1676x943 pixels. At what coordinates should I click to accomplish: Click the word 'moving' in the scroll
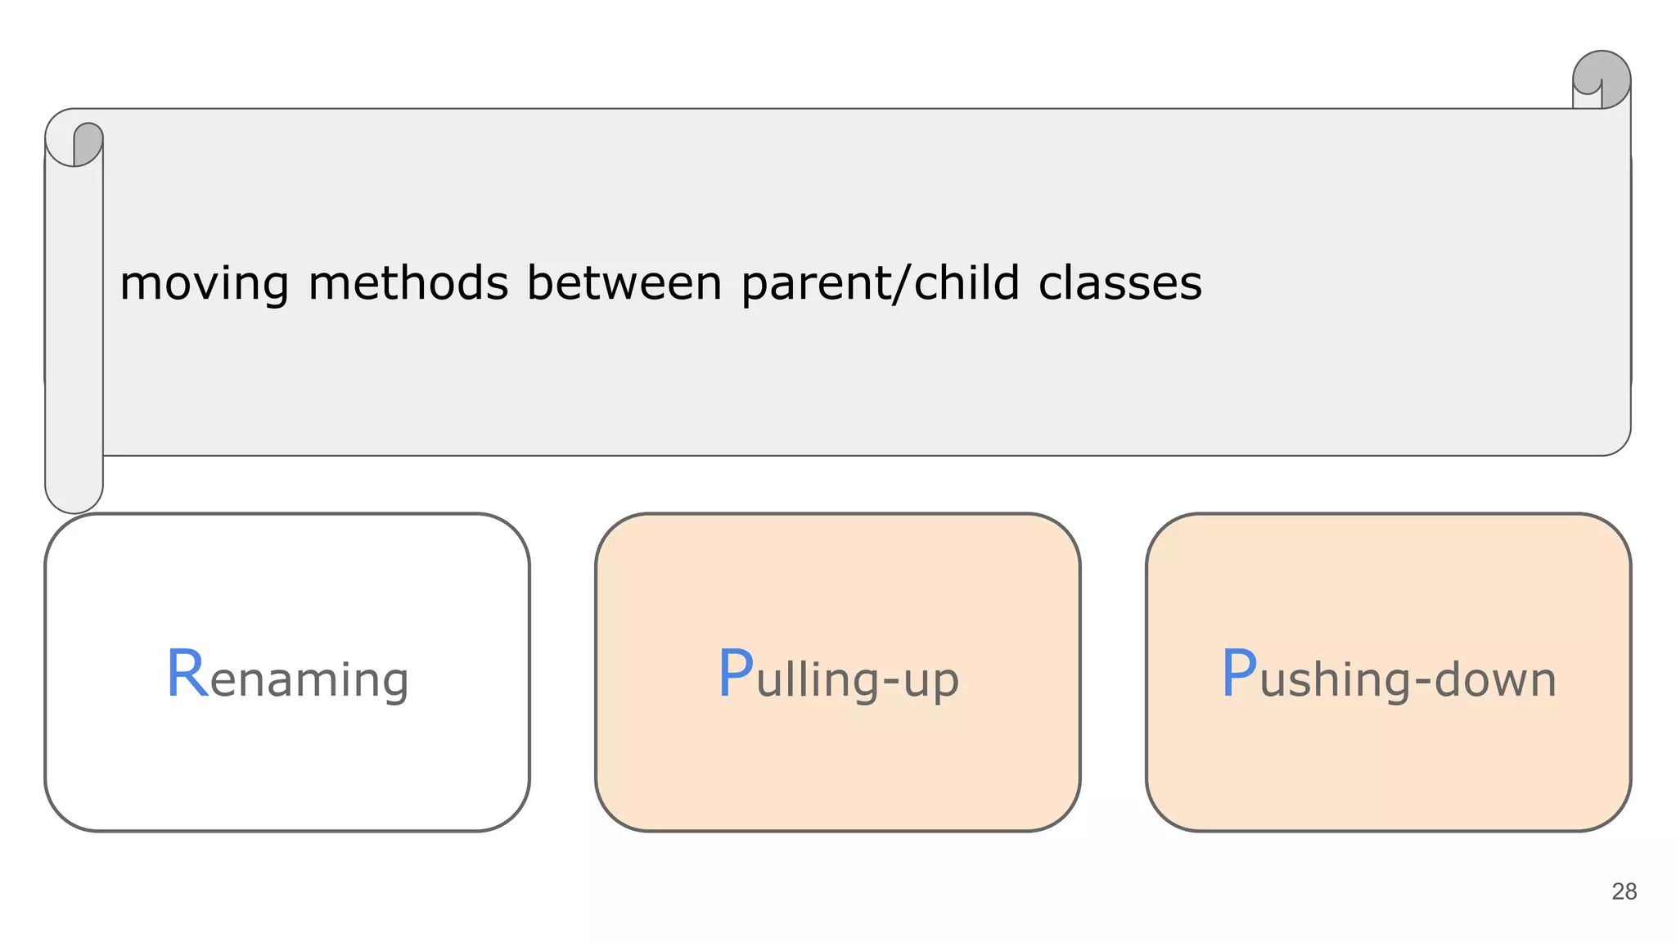click(204, 283)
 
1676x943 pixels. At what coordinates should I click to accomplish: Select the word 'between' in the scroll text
click(624, 283)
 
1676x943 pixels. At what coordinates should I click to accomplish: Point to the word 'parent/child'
click(880, 283)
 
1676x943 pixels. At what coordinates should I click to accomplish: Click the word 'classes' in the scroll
click(1120, 283)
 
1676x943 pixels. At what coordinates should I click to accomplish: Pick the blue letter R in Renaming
click(187, 675)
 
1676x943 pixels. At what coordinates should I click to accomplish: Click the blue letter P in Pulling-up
click(735, 675)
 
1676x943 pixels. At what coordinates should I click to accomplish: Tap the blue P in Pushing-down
click(1238, 675)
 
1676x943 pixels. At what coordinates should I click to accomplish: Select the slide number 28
click(1624, 891)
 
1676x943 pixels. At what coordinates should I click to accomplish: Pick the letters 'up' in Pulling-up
click(930, 683)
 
